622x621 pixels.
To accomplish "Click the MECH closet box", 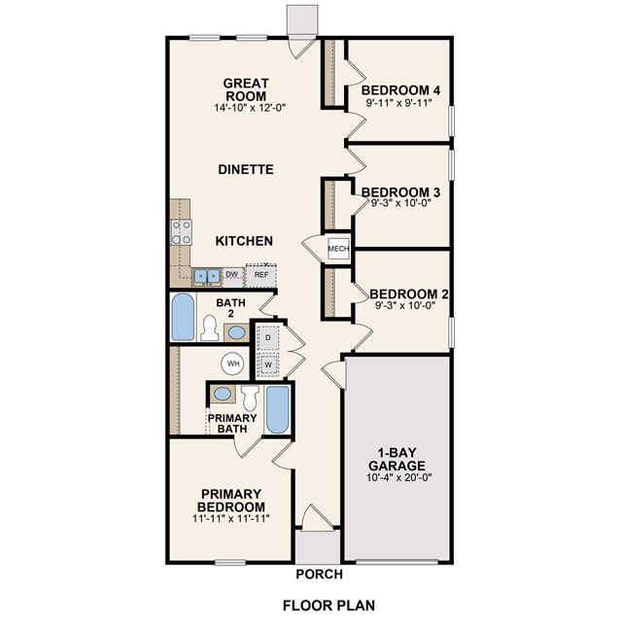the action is click(338, 249).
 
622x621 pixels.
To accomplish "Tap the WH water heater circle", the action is click(232, 363).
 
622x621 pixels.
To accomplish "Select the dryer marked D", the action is click(268, 337).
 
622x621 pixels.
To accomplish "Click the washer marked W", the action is click(268, 364).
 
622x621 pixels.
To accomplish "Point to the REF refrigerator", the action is click(261, 275).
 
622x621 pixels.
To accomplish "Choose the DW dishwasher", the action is click(232, 274).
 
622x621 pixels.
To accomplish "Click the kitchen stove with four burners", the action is click(182, 232).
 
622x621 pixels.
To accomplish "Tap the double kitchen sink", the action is click(207, 276).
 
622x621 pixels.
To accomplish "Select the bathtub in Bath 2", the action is click(184, 317).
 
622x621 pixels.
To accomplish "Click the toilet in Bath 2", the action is click(209, 328).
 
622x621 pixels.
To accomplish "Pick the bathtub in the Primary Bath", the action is click(277, 410).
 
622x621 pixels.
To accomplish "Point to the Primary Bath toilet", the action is click(250, 398).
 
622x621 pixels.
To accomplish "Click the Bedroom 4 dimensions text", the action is click(398, 103).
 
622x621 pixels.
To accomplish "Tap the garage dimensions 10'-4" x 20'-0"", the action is click(398, 477).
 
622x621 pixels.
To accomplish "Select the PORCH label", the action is click(320, 574).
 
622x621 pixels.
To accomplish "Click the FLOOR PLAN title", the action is click(328, 605).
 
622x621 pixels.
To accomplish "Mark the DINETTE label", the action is click(246, 170).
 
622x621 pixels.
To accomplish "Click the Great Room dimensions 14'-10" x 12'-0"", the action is click(250, 108).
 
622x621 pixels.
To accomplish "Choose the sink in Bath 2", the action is click(237, 332).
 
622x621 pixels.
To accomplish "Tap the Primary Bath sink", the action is click(223, 394).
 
